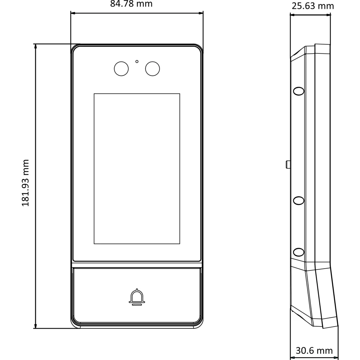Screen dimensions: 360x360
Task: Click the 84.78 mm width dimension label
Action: pos(131,4)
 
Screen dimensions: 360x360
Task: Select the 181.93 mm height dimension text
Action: pos(25,183)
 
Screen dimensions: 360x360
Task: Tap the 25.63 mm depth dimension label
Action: pos(313,6)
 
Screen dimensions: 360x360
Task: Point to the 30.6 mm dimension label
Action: pos(314,351)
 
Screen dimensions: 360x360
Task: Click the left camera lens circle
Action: pos(121,69)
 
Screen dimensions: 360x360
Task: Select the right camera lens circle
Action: pos(153,69)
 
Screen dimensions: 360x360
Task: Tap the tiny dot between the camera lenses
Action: pos(137,62)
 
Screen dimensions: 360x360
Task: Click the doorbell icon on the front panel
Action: pos(137,297)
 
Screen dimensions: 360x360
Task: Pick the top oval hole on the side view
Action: pos(299,91)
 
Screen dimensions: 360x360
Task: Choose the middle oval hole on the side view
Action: pos(299,200)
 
